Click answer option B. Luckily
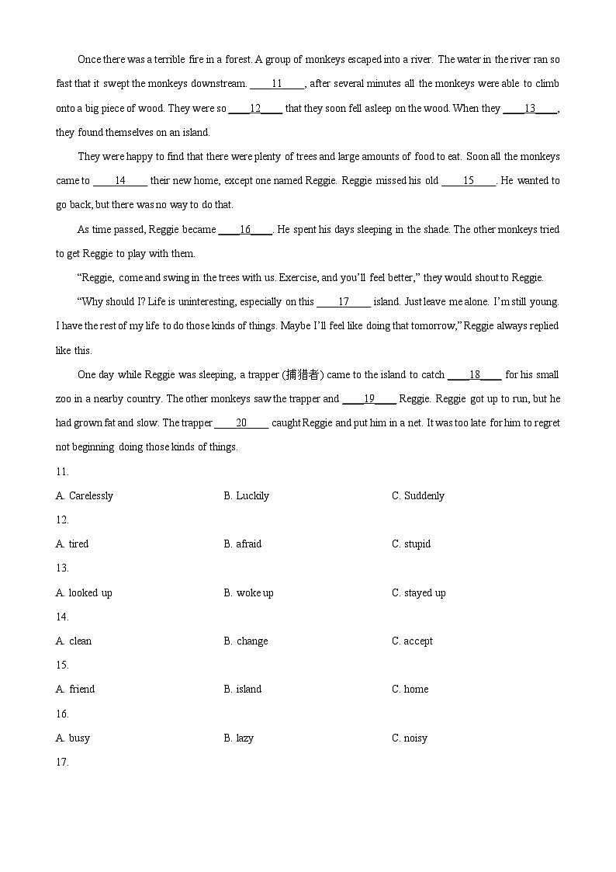(x=246, y=495)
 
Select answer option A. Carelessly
(x=85, y=495)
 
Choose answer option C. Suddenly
(x=417, y=495)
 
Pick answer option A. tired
(x=72, y=544)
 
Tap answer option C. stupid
(x=410, y=544)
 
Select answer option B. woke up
(x=248, y=592)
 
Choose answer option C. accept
(x=412, y=641)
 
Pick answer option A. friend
(x=75, y=689)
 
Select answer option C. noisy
(x=409, y=738)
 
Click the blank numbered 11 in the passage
(x=277, y=84)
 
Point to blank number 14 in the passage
(x=120, y=181)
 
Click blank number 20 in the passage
(x=241, y=423)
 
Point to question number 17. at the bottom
(x=62, y=762)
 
